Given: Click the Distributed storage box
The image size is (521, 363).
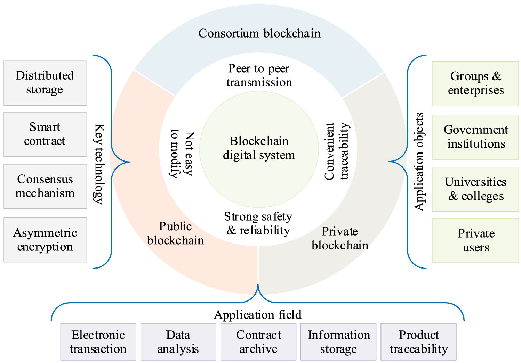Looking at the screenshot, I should (x=45, y=83).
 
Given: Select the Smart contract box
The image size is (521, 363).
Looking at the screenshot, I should (x=45, y=134).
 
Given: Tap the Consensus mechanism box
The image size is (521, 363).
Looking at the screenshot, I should (x=45, y=186).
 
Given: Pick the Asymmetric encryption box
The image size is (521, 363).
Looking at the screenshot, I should (x=45, y=240).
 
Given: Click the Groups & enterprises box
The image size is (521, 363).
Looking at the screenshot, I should (x=475, y=84).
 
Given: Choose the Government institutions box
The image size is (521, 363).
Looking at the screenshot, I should (x=475, y=137).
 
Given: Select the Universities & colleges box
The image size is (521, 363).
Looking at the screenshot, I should (x=475, y=189).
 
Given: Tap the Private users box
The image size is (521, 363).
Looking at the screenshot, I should (x=475, y=240).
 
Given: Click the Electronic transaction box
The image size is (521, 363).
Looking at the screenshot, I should (x=98, y=342).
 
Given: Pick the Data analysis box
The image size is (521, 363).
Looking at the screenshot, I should (x=178, y=342).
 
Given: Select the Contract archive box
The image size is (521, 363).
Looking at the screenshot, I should (x=258, y=342).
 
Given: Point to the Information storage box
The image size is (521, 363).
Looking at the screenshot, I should (x=338, y=342).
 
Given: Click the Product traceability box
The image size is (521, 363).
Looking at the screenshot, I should (x=418, y=342).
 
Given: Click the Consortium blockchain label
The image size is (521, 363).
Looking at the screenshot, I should (x=259, y=33).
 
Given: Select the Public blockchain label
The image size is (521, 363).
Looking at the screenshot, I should (x=175, y=233).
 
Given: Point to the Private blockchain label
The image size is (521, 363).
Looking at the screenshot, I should (x=340, y=238).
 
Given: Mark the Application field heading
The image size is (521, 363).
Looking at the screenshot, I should (x=258, y=315).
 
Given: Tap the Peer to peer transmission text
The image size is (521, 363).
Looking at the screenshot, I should (x=259, y=75).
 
